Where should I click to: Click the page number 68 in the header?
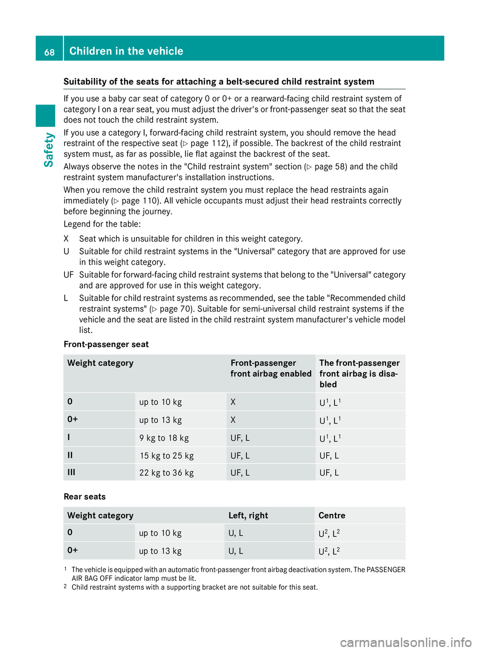(x=49, y=52)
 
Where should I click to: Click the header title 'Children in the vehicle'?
(x=126, y=51)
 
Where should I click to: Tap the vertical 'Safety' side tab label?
(x=48, y=149)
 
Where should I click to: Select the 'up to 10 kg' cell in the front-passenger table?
(x=160, y=402)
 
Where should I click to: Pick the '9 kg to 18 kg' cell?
(x=164, y=438)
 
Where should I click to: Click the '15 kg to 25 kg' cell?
(x=166, y=455)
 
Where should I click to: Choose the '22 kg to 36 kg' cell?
(x=166, y=472)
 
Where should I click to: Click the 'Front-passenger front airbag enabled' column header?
(x=270, y=368)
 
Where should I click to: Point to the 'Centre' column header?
(x=332, y=515)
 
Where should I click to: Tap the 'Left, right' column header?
(x=248, y=515)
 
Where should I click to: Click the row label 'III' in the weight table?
(x=71, y=472)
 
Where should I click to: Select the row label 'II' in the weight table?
(x=70, y=455)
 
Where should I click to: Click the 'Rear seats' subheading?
(x=85, y=496)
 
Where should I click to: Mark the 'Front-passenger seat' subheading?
(x=106, y=344)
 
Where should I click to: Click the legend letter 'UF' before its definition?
(x=68, y=274)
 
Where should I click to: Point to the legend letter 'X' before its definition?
(x=66, y=239)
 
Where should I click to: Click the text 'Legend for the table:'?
(x=102, y=224)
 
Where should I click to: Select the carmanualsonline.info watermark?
(x=405, y=642)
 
